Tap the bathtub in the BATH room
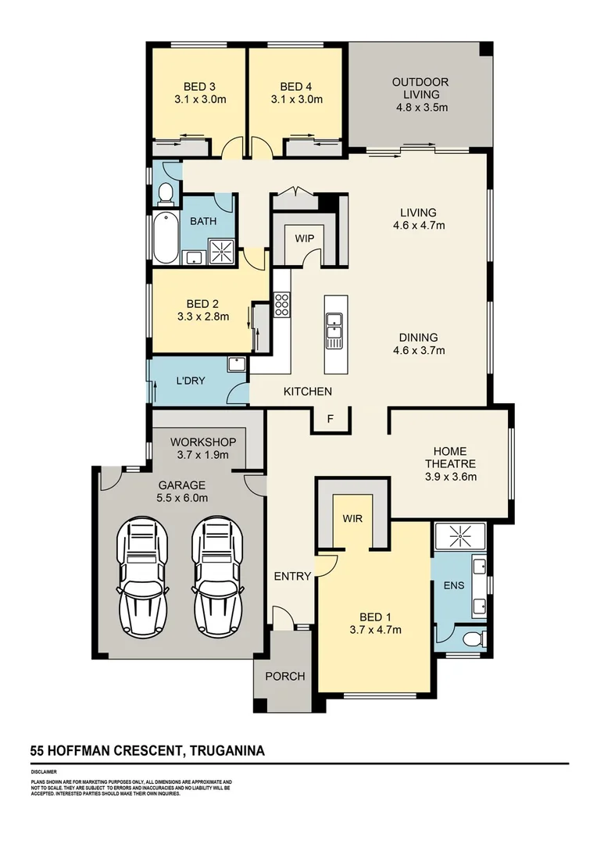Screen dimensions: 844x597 click(166, 238)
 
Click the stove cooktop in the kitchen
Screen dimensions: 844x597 click(281, 305)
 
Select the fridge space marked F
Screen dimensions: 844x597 click(330, 419)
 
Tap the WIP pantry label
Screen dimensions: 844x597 click(304, 238)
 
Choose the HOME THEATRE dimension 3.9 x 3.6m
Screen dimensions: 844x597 click(450, 476)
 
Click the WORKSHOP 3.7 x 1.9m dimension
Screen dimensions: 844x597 click(199, 454)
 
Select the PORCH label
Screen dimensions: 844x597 click(285, 676)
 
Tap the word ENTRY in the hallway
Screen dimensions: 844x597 click(292, 577)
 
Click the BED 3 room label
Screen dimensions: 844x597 click(199, 86)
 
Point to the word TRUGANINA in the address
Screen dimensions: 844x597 click(227, 751)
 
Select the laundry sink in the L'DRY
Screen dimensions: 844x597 click(236, 363)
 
